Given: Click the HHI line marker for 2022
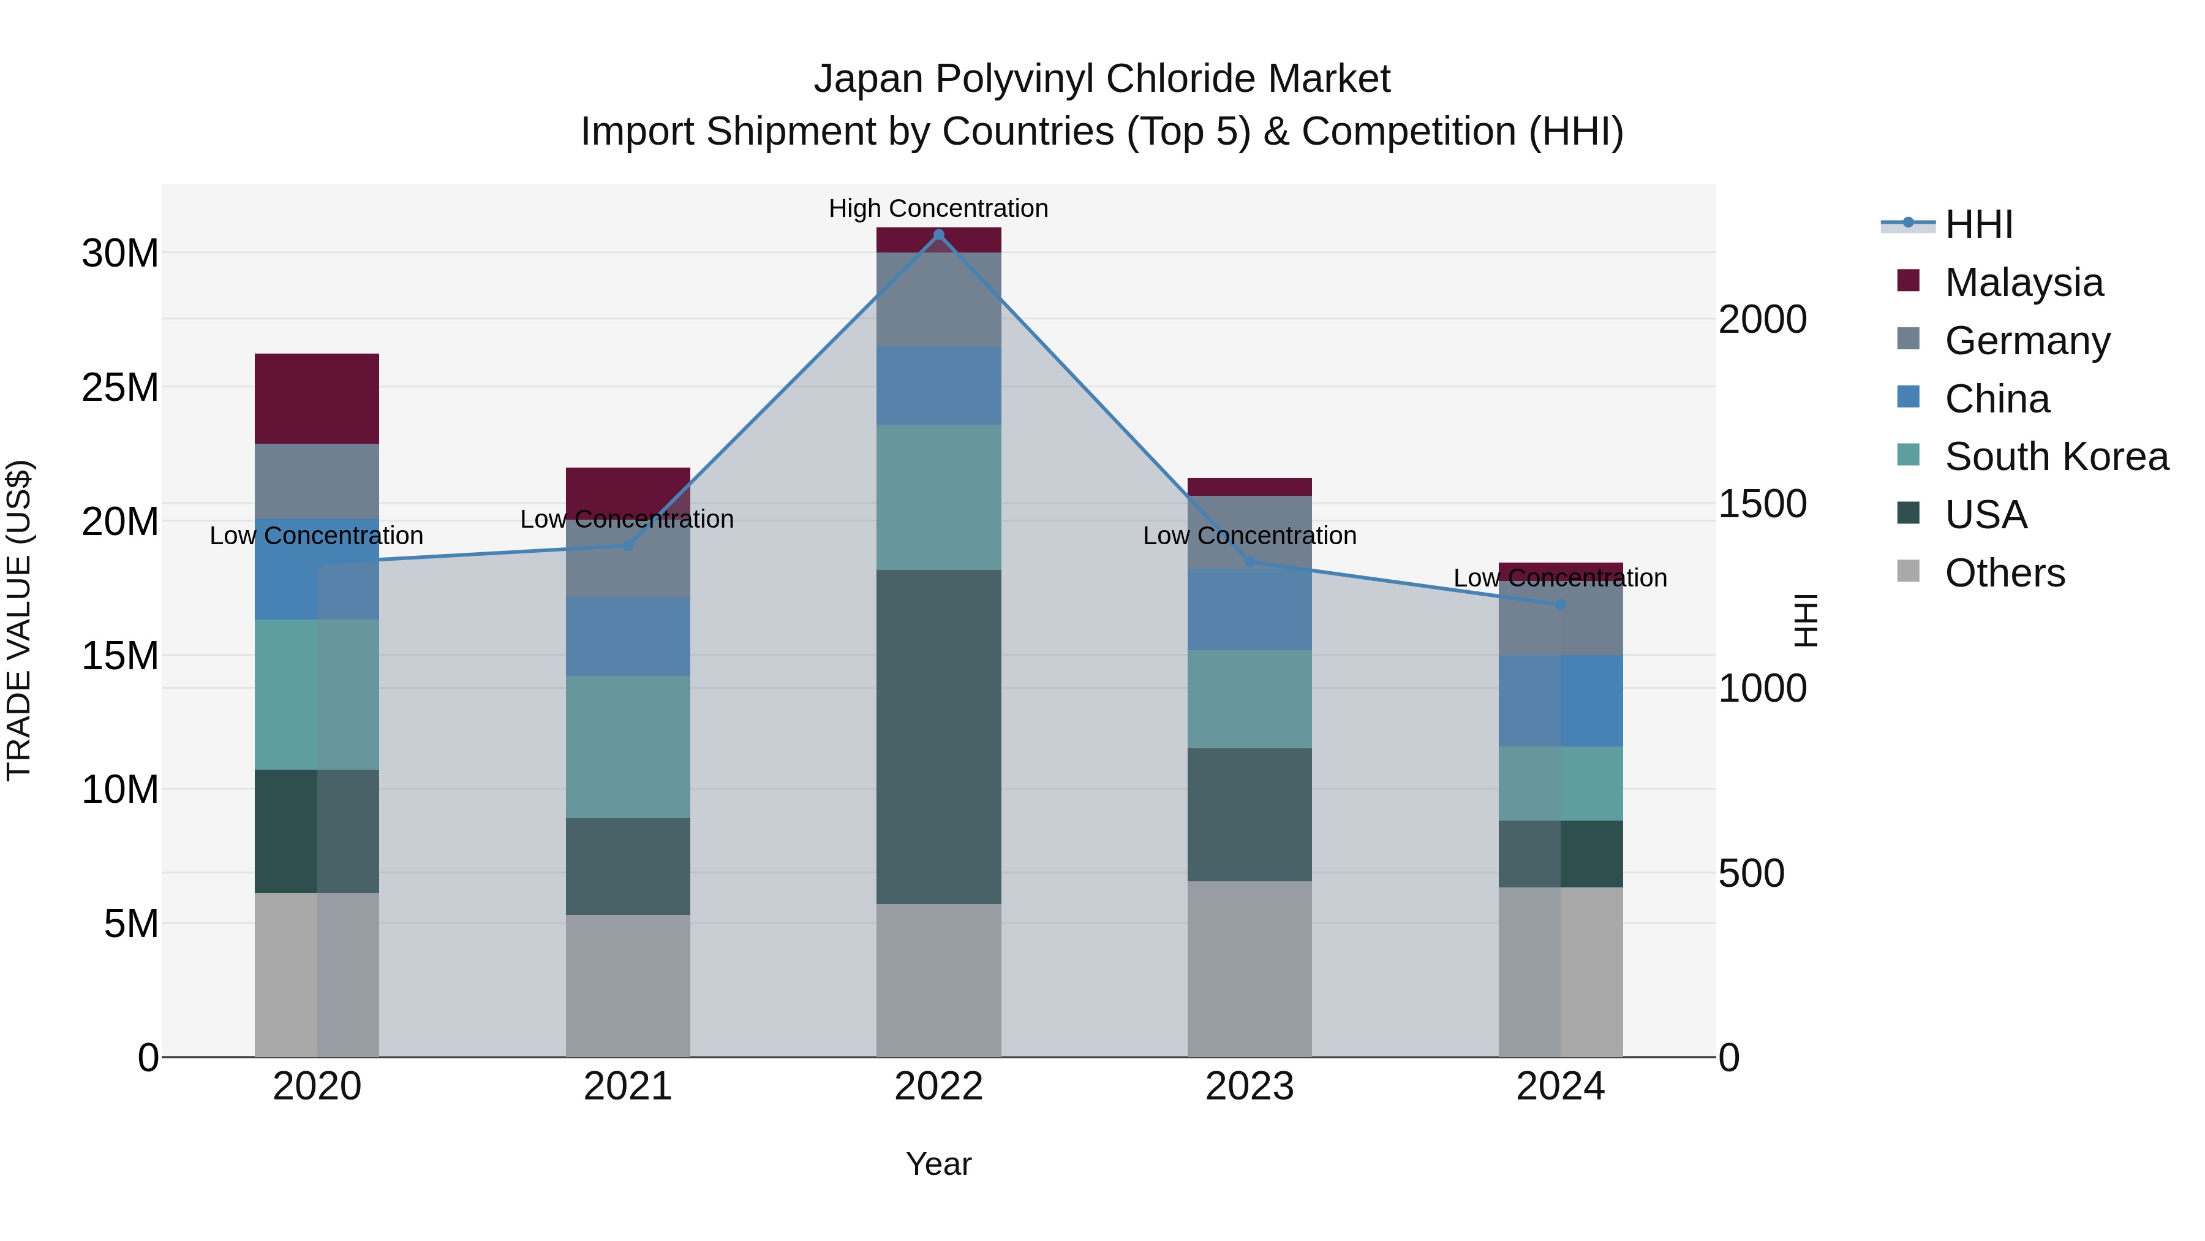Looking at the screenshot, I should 938,235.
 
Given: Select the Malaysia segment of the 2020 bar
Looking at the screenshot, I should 317,398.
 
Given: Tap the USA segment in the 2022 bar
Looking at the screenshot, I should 938,737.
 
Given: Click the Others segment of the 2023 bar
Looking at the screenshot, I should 1249,969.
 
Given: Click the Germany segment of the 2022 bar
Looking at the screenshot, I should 938,299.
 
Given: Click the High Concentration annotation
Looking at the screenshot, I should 938,208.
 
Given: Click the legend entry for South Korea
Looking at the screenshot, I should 2056,457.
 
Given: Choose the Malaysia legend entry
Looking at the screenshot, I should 2024,283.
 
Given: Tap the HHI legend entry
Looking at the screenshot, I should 1978,224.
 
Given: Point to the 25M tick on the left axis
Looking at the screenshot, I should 120,388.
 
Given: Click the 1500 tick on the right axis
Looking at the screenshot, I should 1762,504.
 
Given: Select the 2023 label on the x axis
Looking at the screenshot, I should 1249,1087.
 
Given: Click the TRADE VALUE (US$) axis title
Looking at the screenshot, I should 19,620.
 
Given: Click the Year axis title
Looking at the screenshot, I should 938,1164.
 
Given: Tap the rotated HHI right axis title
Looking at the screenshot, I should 1806,620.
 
